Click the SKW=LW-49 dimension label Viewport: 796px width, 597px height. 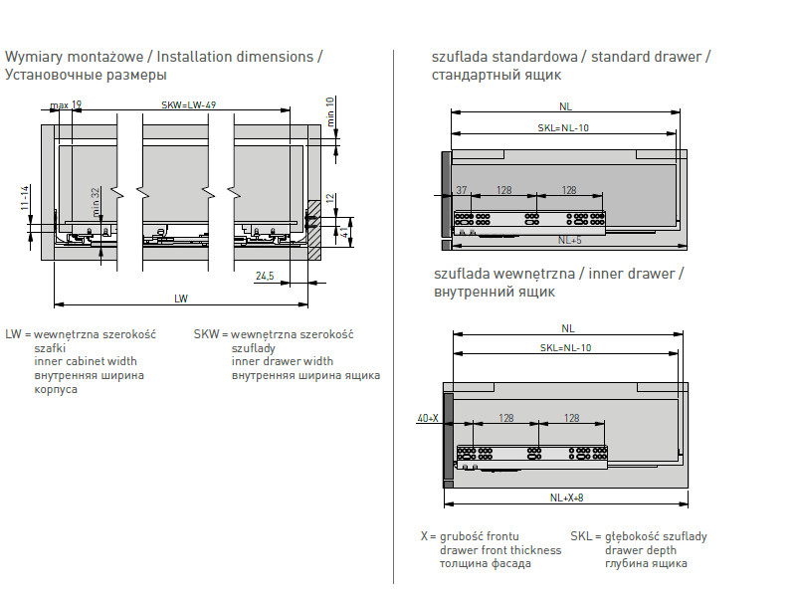pos(189,104)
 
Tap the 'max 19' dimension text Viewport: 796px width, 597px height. pos(66,104)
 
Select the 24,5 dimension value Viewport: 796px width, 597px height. pos(265,276)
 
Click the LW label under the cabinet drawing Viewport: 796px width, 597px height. pos(181,298)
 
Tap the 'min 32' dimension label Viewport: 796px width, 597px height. pos(97,202)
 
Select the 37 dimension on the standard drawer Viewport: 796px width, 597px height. pos(462,189)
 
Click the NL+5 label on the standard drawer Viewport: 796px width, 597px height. pos(569,240)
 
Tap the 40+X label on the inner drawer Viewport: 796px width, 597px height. pos(428,419)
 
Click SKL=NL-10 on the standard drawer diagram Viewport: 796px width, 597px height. pos(564,128)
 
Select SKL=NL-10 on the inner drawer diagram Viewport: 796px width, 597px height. pos(565,347)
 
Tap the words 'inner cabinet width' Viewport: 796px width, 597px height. pos(86,361)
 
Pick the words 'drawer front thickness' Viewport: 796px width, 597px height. pos(500,550)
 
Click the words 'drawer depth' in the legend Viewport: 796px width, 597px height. pos(641,550)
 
